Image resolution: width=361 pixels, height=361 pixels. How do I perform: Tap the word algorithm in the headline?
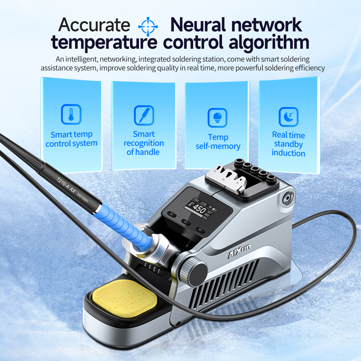click(x=270, y=42)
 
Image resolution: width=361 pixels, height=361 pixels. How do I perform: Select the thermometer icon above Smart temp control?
click(x=71, y=114)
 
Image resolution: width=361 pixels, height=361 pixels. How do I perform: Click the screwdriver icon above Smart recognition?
click(x=144, y=115)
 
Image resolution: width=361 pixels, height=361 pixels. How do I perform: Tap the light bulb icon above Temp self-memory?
click(x=217, y=118)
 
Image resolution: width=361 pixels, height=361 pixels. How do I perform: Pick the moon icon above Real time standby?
click(x=288, y=117)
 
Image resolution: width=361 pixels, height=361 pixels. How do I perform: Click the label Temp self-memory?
click(x=218, y=142)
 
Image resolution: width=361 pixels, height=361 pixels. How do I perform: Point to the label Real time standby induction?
click(x=288, y=144)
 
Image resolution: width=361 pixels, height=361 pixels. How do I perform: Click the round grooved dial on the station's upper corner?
click(x=288, y=198)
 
